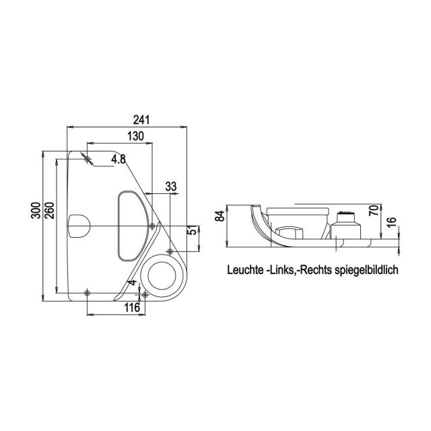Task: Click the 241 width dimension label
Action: point(141,120)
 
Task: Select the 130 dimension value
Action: point(135,136)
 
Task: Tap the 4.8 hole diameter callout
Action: point(119,159)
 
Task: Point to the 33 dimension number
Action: point(170,187)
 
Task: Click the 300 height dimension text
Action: point(36,211)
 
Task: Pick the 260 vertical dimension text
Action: point(49,211)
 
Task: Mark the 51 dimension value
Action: point(193,230)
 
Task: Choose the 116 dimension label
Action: point(132,308)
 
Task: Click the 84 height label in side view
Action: point(220,216)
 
